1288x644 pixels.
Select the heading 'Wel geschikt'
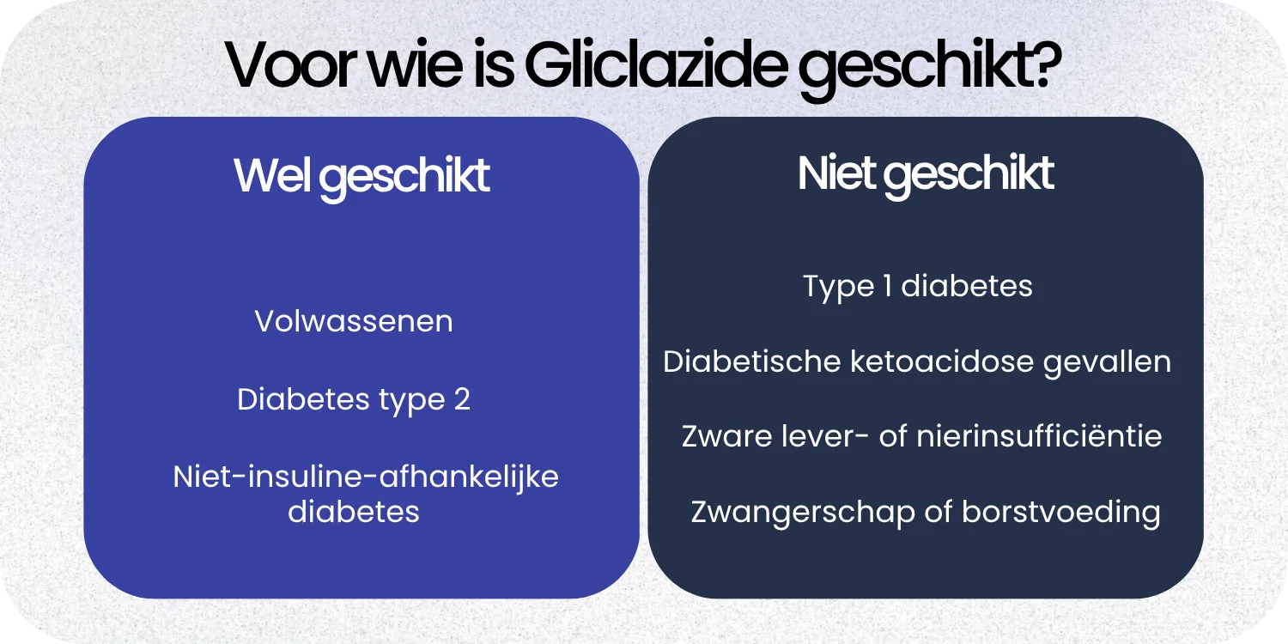click(x=361, y=176)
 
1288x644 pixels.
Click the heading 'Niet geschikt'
click(x=925, y=173)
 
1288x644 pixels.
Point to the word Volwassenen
click(x=354, y=321)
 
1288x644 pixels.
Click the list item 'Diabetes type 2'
click(x=354, y=399)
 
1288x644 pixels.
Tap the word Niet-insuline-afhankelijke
click(x=366, y=477)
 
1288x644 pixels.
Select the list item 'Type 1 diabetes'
click(x=917, y=286)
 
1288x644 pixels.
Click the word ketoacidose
click(x=941, y=361)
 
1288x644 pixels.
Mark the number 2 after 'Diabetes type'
click(x=461, y=400)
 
